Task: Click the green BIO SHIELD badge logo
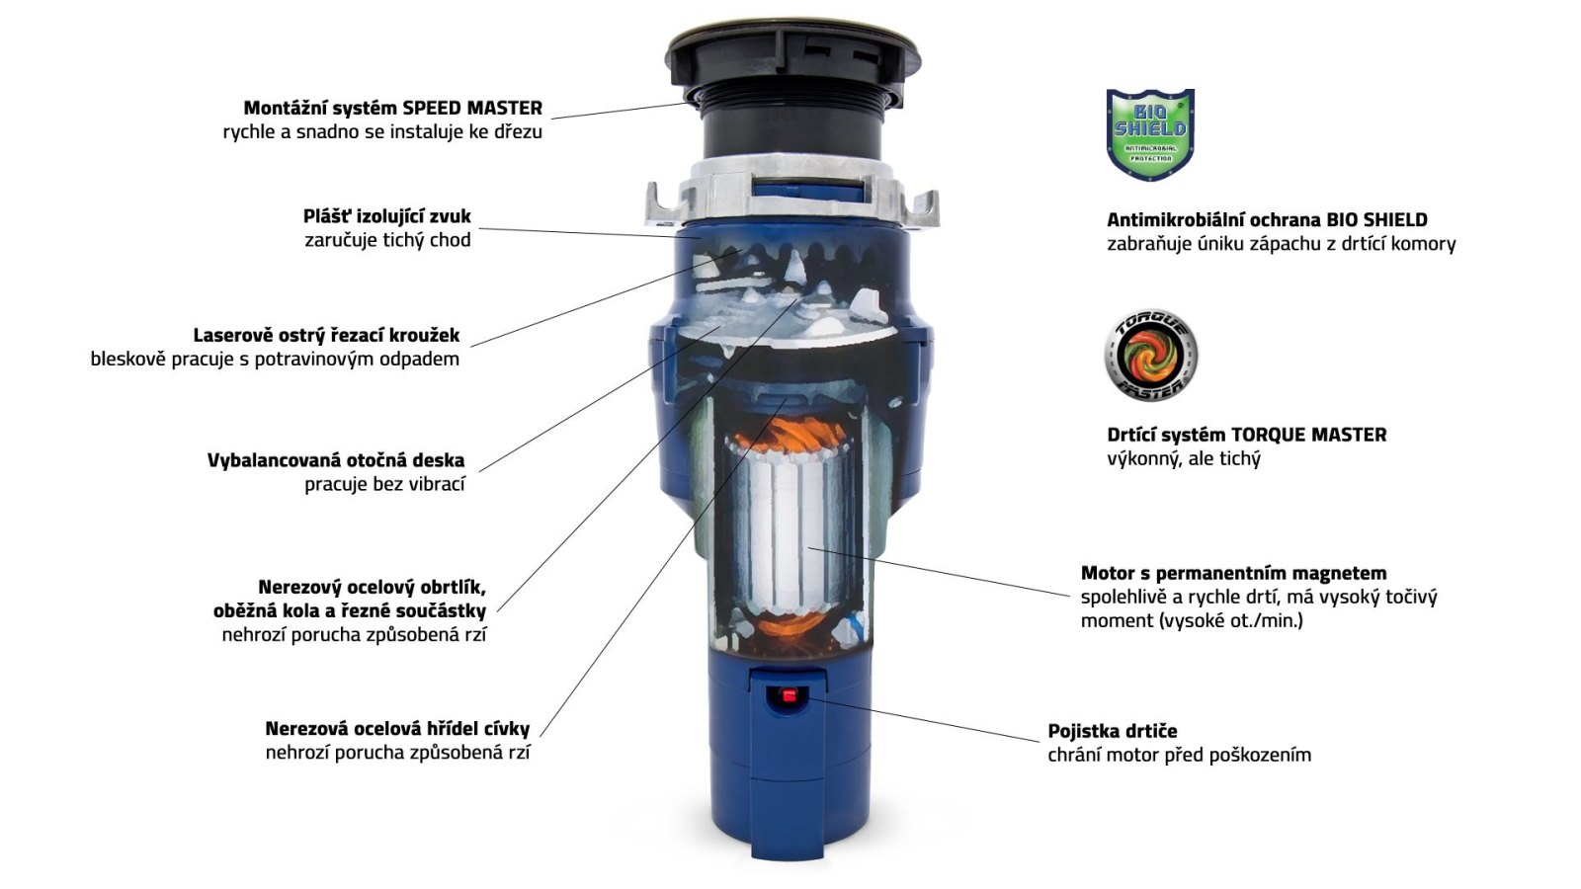pos(1150,134)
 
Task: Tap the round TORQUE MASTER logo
pos(1150,355)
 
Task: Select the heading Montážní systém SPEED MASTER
pos(393,108)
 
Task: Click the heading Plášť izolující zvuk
pos(386,216)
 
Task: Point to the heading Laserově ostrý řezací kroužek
pos(326,335)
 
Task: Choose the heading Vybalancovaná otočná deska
pos(336,460)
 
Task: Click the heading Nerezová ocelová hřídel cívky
pos(397,728)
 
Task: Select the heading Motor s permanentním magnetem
pos(1234,573)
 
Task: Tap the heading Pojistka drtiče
pos(1113,731)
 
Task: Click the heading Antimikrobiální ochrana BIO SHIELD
pos(1267,220)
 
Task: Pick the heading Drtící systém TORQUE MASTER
pos(1246,435)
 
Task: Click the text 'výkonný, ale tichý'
pos(1184,458)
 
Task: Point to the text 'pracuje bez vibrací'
pos(384,485)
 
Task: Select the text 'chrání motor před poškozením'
pos(1180,755)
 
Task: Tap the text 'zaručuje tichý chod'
pos(387,240)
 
